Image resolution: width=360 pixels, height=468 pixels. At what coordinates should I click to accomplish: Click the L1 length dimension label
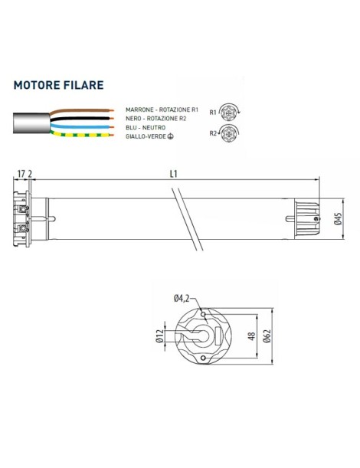(174, 174)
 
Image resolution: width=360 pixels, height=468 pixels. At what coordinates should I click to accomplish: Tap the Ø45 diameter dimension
(338, 220)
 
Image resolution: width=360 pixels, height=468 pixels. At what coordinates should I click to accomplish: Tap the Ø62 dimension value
(266, 335)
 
